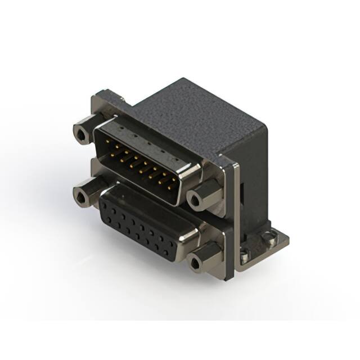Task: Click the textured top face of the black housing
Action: (x=186, y=112)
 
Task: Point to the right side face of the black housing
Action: (x=250, y=174)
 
